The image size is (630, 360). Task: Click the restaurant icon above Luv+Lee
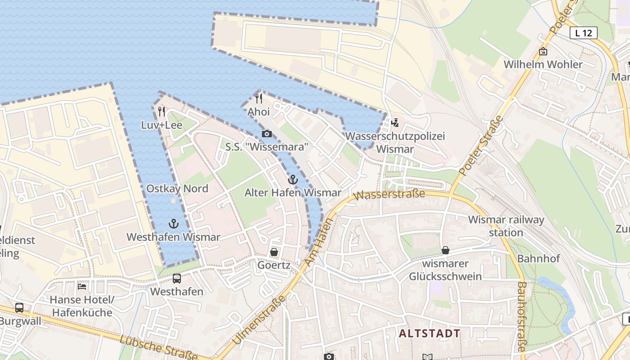[162, 111]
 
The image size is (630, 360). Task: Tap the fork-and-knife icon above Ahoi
[259, 98]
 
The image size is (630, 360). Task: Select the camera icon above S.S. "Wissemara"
[266, 134]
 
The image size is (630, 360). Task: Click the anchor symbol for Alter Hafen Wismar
[293, 180]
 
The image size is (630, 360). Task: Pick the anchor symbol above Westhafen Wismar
[173, 224]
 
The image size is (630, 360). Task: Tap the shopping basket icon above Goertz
[274, 252]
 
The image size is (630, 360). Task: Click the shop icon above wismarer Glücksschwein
[445, 250]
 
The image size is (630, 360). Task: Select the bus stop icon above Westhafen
[177, 279]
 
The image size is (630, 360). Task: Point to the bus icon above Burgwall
[19, 308]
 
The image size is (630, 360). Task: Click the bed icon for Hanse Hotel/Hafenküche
[82, 286]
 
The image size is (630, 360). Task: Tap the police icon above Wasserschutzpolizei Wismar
[395, 122]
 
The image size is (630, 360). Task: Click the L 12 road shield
[584, 33]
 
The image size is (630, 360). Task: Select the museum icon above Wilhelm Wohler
[543, 51]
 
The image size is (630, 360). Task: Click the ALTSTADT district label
[430, 333]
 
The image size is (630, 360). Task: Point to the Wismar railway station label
[506, 226]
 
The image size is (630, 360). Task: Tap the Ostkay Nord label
[177, 189]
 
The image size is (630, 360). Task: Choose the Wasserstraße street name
[389, 195]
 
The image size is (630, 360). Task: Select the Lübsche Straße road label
[158, 348]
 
